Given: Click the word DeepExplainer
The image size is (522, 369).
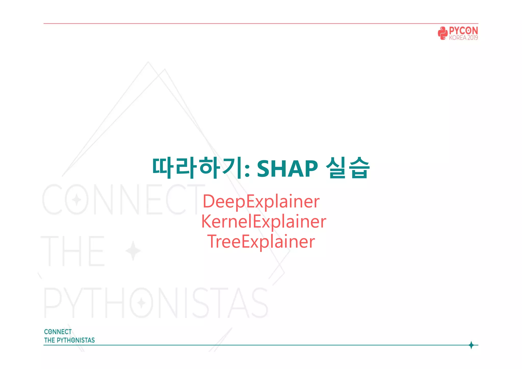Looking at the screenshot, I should [x=261, y=202].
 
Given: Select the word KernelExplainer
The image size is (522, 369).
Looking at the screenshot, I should [x=264, y=221].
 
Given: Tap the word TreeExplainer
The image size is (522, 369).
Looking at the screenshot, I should [x=261, y=242].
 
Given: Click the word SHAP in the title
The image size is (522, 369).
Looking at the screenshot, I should [x=287, y=168].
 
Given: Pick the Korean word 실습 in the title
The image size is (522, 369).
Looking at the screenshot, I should [x=348, y=168].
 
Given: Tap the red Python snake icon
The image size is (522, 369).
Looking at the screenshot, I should [x=443, y=33].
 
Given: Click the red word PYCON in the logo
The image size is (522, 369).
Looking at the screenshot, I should [x=463, y=31].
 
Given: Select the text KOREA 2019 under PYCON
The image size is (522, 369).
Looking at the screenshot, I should [x=463, y=38].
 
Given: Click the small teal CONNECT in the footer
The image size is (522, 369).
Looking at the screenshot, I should [x=58, y=332].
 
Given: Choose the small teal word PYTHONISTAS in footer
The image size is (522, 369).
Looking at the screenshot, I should [x=76, y=340].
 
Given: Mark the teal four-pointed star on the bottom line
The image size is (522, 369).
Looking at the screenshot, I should [x=471, y=345].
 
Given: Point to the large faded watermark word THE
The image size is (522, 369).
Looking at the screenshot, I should [x=73, y=251].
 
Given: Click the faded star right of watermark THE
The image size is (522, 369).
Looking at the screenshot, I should [x=133, y=251].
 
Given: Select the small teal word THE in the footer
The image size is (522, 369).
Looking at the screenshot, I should [x=49, y=340].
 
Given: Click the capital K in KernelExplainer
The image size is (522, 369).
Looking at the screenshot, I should [x=207, y=221].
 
